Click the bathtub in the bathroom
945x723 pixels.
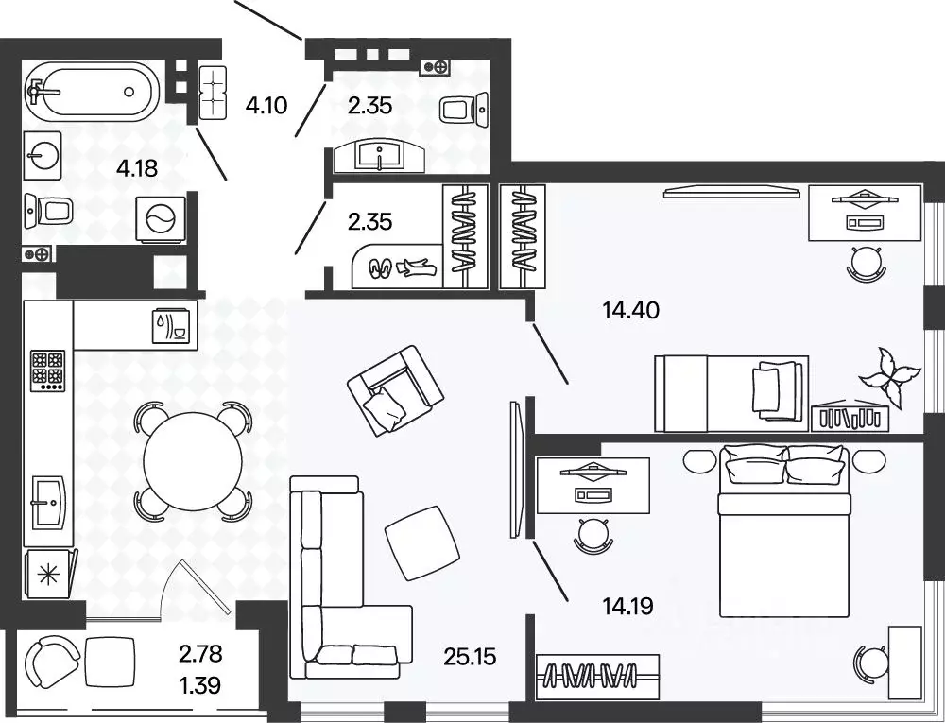94,92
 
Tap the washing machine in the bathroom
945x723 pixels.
161,220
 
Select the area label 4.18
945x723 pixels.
137,168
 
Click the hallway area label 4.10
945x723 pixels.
266,106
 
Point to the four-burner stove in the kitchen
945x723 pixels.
48,370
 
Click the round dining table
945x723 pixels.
193,461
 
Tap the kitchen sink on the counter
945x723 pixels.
47,501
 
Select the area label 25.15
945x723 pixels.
470,657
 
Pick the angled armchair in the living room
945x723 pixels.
395,390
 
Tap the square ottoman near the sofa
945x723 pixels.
421,542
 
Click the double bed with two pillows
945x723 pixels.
784,531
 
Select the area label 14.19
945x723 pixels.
628,606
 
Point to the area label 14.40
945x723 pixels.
630,310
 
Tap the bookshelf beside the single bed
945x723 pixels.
850,417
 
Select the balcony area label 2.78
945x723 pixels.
200,652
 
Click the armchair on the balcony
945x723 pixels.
52,664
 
